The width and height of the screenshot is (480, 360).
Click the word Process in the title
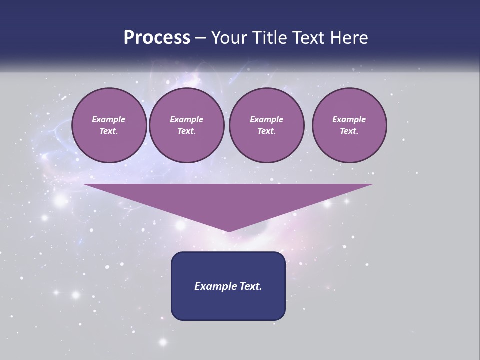(157, 38)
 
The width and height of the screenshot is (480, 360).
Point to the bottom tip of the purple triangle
(228, 231)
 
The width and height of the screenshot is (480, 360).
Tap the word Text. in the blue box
(249, 286)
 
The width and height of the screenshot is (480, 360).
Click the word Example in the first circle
(109, 119)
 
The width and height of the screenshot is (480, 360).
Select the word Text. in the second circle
(187, 131)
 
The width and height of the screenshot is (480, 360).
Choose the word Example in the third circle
(266, 119)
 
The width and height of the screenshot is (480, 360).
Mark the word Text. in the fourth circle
(349, 131)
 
